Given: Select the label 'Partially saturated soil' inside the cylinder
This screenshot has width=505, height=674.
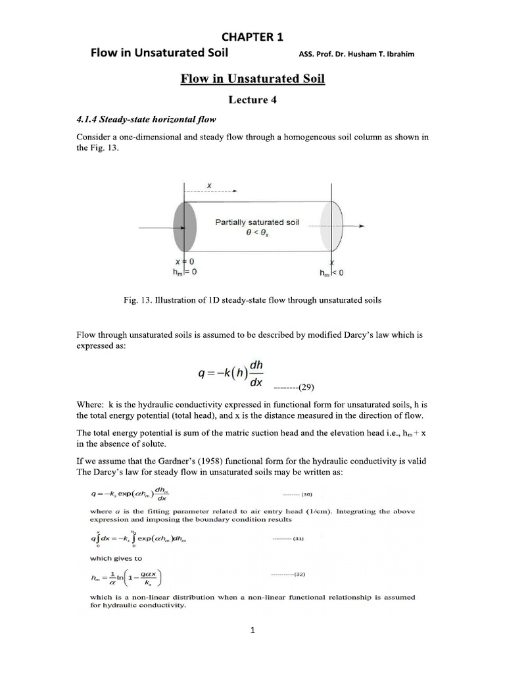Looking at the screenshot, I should tap(257, 222).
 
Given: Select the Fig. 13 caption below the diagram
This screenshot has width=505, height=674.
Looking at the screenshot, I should tap(252, 301).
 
